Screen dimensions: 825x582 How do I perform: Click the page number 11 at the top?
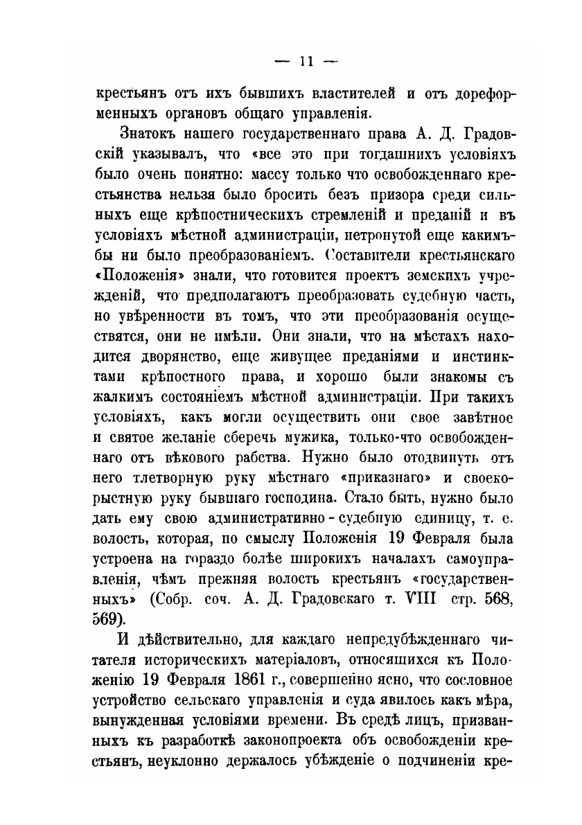coord(306,61)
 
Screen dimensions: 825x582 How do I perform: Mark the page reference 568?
coord(494,599)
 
